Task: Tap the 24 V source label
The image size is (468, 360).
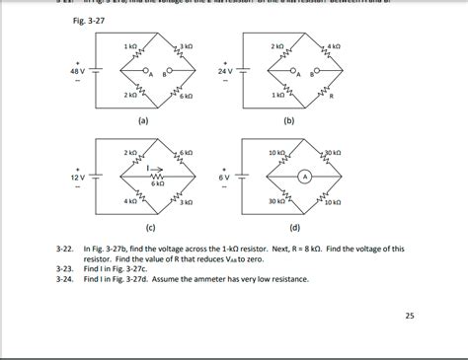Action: pyautogui.click(x=225, y=72)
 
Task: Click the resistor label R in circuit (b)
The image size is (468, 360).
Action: pyautogui.click(x=331, y=97)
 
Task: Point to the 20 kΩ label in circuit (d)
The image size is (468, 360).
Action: pyautogui.click(x=332, y=154)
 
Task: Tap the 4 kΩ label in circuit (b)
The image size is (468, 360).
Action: pyautogui.click(x=336, y=47)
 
